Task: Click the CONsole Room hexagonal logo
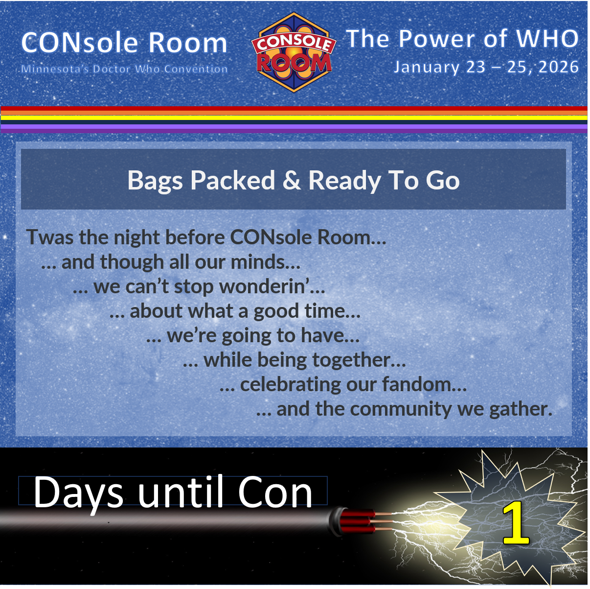coord(294,53)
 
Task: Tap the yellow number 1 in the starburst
coord(515,524)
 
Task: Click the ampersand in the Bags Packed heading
coord(292,180)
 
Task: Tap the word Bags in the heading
coord(156,181)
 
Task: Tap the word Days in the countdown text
coord(78,493)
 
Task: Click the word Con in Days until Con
coord(275,493)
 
